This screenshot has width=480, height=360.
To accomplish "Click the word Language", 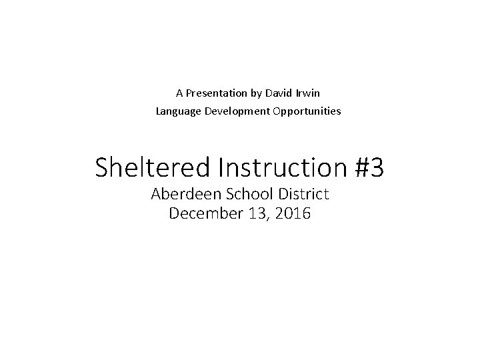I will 176,111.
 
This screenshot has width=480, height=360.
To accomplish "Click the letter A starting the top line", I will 179,93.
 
